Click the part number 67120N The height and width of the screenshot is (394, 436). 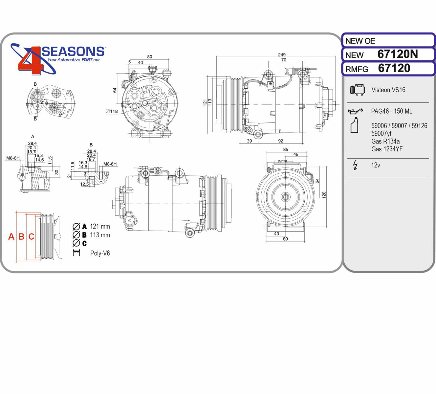[x=398, y=54]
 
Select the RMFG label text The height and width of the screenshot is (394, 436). [x=357, y=69]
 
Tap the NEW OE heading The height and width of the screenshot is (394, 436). [x=360, y=41]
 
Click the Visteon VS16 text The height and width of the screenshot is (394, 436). [x=388, y=90]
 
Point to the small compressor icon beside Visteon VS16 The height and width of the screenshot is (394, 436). [x=357, y=90]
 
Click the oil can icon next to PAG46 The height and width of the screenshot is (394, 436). [x=355, y=111]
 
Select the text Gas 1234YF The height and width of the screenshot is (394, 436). [x=387, y=149]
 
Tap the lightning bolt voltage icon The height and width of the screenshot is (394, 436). [x=355, y=165]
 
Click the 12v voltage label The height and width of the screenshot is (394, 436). [x=376, y=165]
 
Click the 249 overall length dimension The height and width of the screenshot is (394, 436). [x=282, y=55]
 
